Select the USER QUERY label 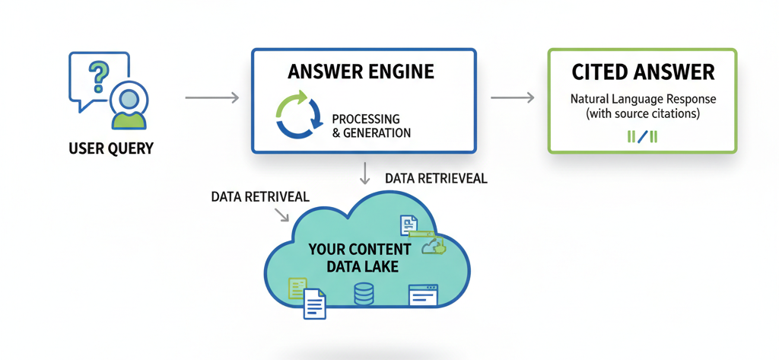point(111,148)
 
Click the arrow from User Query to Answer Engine point(211,97)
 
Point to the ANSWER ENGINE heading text point(361,72)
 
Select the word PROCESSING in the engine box point(366,119)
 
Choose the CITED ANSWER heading point(643,72)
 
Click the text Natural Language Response point(643,100)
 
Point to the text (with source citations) point(643,113)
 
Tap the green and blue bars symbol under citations point(642,137)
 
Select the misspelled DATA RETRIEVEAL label point(436,179)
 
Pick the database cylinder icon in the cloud point(364,293)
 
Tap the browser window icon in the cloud point(423,295)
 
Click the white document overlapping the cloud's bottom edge point(315,305)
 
